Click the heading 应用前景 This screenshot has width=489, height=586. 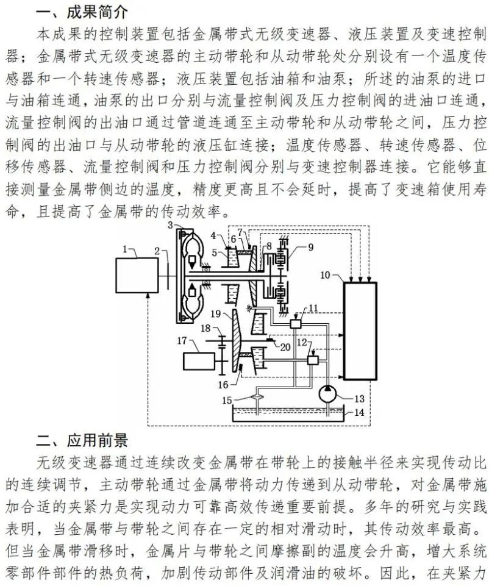[x=91, y=440]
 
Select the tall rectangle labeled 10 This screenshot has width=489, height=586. [x=360, y=330]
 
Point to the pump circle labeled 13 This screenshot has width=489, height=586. [x=330, y=396]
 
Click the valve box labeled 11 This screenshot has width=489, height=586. [x=297, y=324]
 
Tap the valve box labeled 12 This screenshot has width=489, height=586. [x=314, y=360]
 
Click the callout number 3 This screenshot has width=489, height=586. [x=171, y=227]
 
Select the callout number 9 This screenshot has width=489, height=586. [x=310, y=248]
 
